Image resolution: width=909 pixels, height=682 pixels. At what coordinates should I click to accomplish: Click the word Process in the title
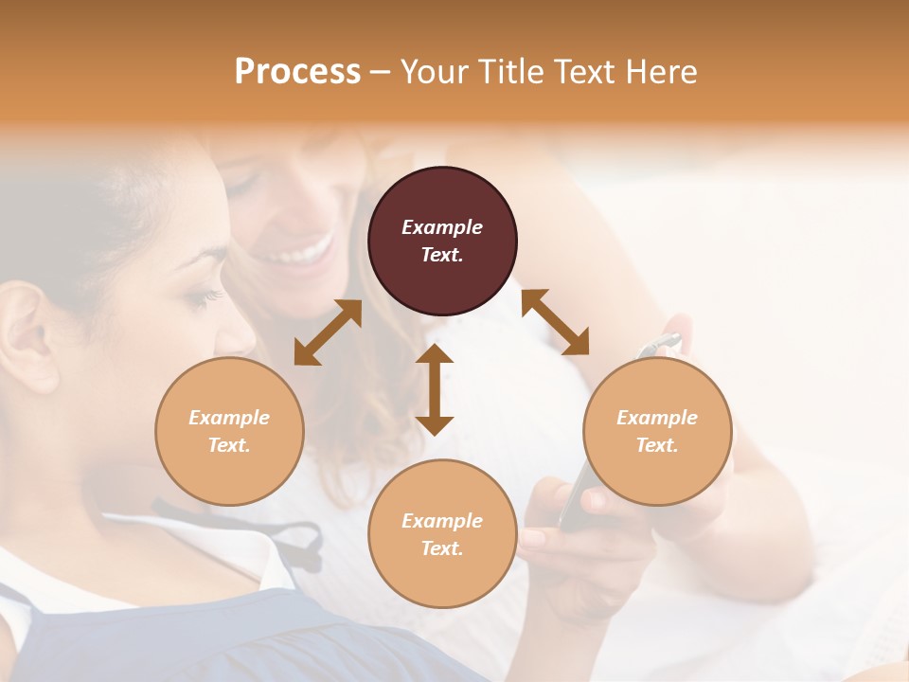[297, 72]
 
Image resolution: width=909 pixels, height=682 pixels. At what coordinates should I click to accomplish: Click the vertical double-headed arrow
[435, 389]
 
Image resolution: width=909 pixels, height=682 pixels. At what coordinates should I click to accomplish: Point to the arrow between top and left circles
[328, 332]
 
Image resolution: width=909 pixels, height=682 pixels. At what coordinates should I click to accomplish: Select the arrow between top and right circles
[555, 322]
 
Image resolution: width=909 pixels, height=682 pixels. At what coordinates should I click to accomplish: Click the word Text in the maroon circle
[442, 255]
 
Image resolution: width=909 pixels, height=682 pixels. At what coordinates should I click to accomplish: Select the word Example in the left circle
[229, 418]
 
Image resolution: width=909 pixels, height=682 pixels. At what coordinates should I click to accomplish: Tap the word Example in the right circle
[657, 418]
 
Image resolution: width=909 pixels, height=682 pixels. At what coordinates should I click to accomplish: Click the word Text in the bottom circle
[442, 548]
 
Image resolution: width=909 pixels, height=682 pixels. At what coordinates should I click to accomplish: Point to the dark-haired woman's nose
[241, 332]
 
